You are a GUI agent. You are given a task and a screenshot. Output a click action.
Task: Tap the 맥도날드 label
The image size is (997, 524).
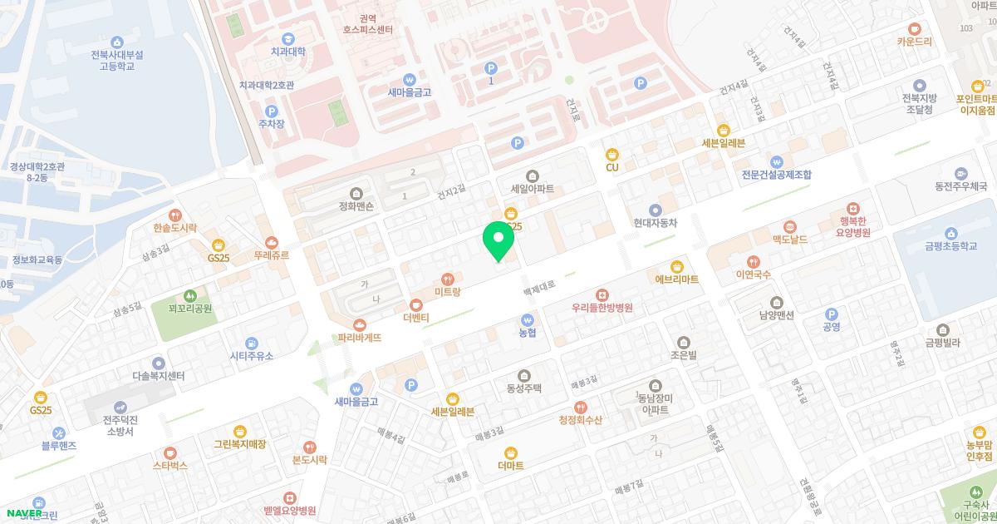[789, 239]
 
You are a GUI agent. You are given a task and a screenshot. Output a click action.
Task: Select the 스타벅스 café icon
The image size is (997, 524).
[170, 453]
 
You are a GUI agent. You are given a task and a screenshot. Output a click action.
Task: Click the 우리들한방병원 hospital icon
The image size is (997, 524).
[602, 294]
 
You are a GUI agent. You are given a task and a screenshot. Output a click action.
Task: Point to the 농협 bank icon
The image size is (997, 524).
[527, 319]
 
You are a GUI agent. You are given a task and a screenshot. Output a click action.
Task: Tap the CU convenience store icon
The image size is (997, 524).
[612, 154]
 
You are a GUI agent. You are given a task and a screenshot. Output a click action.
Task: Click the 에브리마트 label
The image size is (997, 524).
[677, 279]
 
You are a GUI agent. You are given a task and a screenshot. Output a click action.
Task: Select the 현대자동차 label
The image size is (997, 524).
[656, 223]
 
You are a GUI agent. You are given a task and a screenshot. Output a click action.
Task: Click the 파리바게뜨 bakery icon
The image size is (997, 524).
[360, 325]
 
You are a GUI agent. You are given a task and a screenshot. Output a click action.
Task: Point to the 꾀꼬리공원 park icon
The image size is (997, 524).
[190, 295]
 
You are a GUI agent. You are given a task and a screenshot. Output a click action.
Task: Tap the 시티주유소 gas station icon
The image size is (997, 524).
[251, 343]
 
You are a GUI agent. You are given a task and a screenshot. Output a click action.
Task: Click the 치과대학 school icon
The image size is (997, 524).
[287, 38]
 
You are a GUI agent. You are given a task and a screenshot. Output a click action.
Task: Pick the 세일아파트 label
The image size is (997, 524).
[533, 188]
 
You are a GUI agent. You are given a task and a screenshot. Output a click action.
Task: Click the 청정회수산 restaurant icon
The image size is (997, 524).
[580, 408]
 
